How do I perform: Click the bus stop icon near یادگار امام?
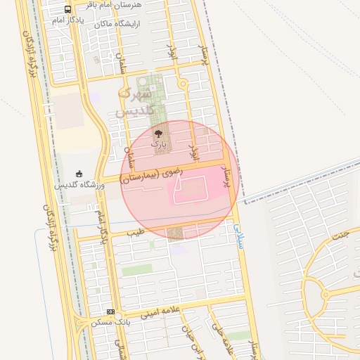pos(67,10)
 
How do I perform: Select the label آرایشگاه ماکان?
pos(114,24)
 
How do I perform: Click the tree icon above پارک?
pos(158,130)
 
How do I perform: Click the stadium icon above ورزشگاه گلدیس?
pos(79,173)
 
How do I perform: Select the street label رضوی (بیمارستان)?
pos(153,174)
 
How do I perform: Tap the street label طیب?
pos(136,230)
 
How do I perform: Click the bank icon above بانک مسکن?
pos(110,311)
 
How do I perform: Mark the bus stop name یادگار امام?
pos(67,20)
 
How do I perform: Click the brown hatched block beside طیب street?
pos(175,233)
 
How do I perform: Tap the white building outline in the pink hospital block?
pos(192,186)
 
